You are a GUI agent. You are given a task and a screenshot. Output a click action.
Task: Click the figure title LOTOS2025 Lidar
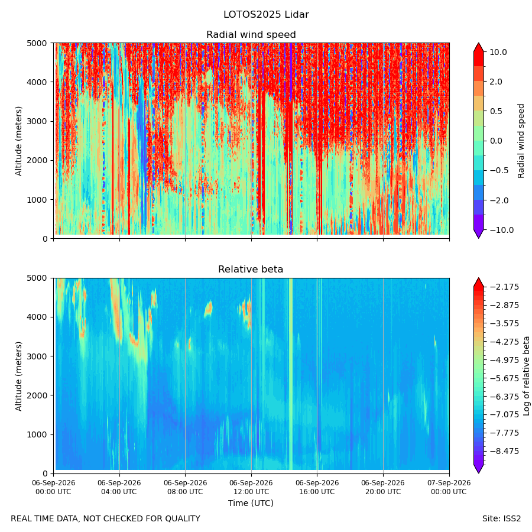266,15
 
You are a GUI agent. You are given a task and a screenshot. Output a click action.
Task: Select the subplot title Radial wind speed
251,35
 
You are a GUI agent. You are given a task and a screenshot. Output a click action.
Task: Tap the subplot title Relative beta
251,270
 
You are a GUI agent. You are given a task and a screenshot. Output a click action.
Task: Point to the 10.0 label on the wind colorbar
498,52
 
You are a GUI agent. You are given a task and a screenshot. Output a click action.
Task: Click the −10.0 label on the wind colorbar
501,230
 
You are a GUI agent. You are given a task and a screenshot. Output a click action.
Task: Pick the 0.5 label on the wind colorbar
496,112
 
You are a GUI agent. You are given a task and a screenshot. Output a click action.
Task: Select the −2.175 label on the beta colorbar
505,287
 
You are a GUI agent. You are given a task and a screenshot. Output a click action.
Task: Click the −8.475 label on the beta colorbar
505,451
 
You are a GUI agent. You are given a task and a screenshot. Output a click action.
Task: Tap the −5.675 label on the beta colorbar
505,378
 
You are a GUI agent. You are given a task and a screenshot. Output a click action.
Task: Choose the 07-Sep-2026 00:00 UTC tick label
449,487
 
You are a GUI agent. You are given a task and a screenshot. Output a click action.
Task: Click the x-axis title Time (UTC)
251,503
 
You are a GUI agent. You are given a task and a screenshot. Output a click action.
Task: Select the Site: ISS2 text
501,519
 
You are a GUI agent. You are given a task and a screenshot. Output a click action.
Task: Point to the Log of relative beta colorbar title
526,376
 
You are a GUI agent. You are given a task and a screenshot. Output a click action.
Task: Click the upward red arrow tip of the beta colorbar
478,278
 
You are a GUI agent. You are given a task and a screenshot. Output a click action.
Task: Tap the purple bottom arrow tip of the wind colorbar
478,238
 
